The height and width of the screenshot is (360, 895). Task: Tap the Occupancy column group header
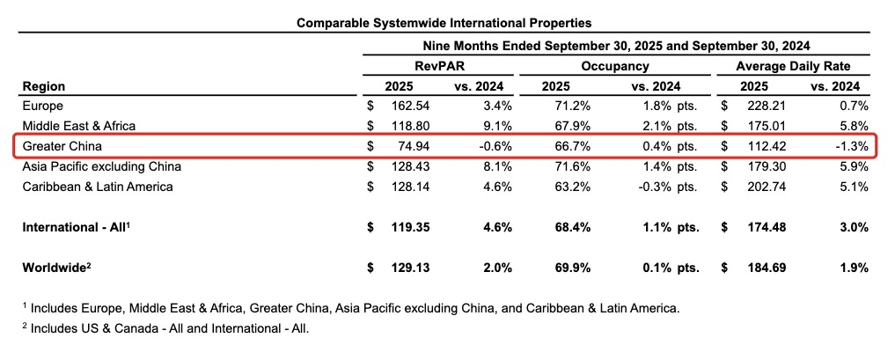[615, 66]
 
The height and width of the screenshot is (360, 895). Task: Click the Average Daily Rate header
[794, 66]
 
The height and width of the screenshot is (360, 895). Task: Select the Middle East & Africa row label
[78, 126]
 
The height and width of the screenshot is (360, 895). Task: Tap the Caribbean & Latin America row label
[97, 187]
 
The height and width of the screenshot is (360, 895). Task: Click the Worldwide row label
[54, 268]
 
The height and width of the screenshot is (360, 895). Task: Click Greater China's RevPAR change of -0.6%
[494, 145]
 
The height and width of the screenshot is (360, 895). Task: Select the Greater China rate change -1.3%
[852, 145]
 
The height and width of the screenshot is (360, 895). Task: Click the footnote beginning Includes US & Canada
[168, 329]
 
